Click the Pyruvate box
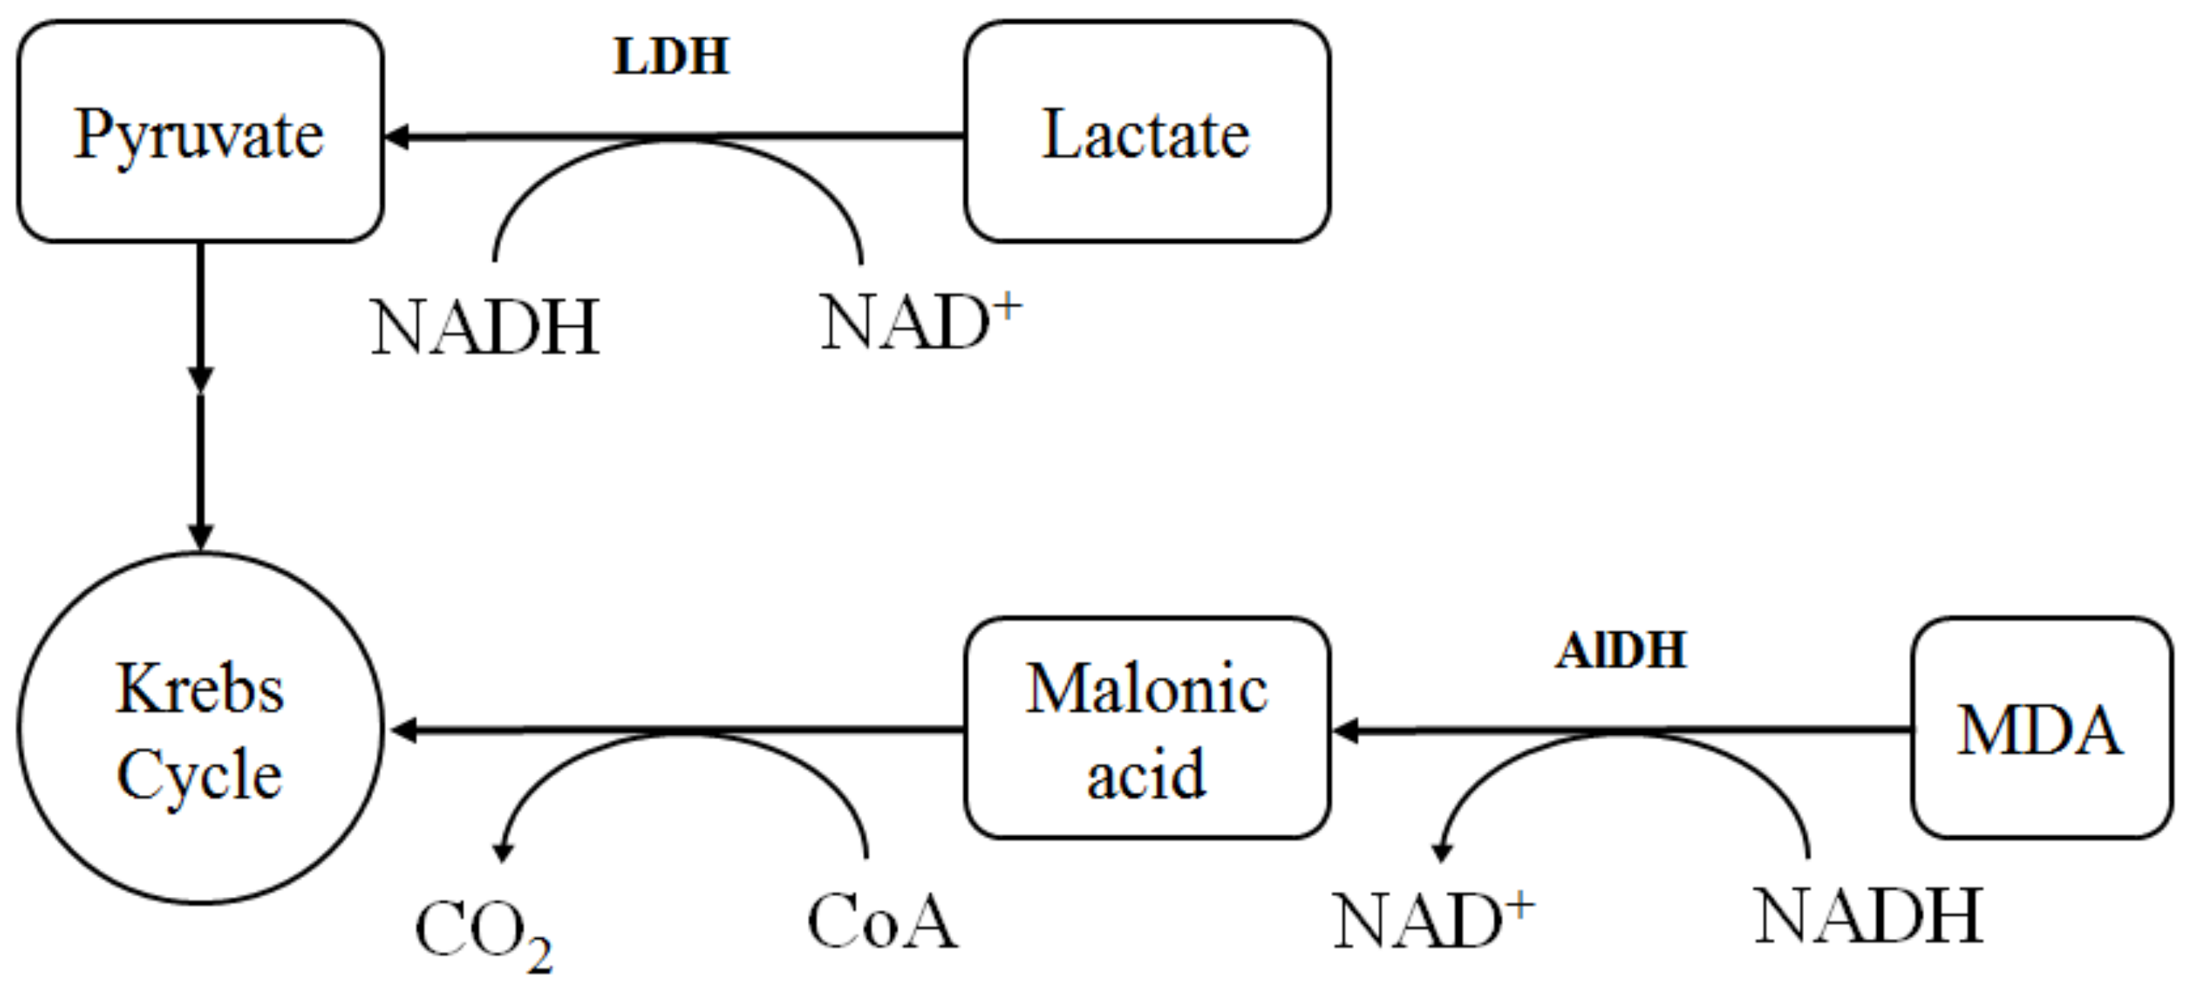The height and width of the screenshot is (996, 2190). click(x=200, y=132)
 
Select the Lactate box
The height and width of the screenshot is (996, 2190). click(x=1146, y=132)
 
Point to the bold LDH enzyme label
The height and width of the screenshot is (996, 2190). click(x=672, y=57)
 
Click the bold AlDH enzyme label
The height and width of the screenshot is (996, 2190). click(x=1620, y=651)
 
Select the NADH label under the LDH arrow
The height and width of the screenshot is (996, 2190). click(x=485, y=327)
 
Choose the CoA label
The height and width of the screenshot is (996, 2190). click(x=882, y=922)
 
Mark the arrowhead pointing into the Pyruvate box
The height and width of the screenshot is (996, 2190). click(x=397, y=137)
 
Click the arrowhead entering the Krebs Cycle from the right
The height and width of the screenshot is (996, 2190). click(x=402, y=730)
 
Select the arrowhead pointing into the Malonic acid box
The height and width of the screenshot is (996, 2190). click(x=1346, y=730)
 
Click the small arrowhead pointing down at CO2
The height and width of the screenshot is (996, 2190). click(x=503, y=852)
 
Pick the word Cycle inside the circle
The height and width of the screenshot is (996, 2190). click(x=200, y=774)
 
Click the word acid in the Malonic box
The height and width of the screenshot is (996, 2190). click(x=1146, y=774)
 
